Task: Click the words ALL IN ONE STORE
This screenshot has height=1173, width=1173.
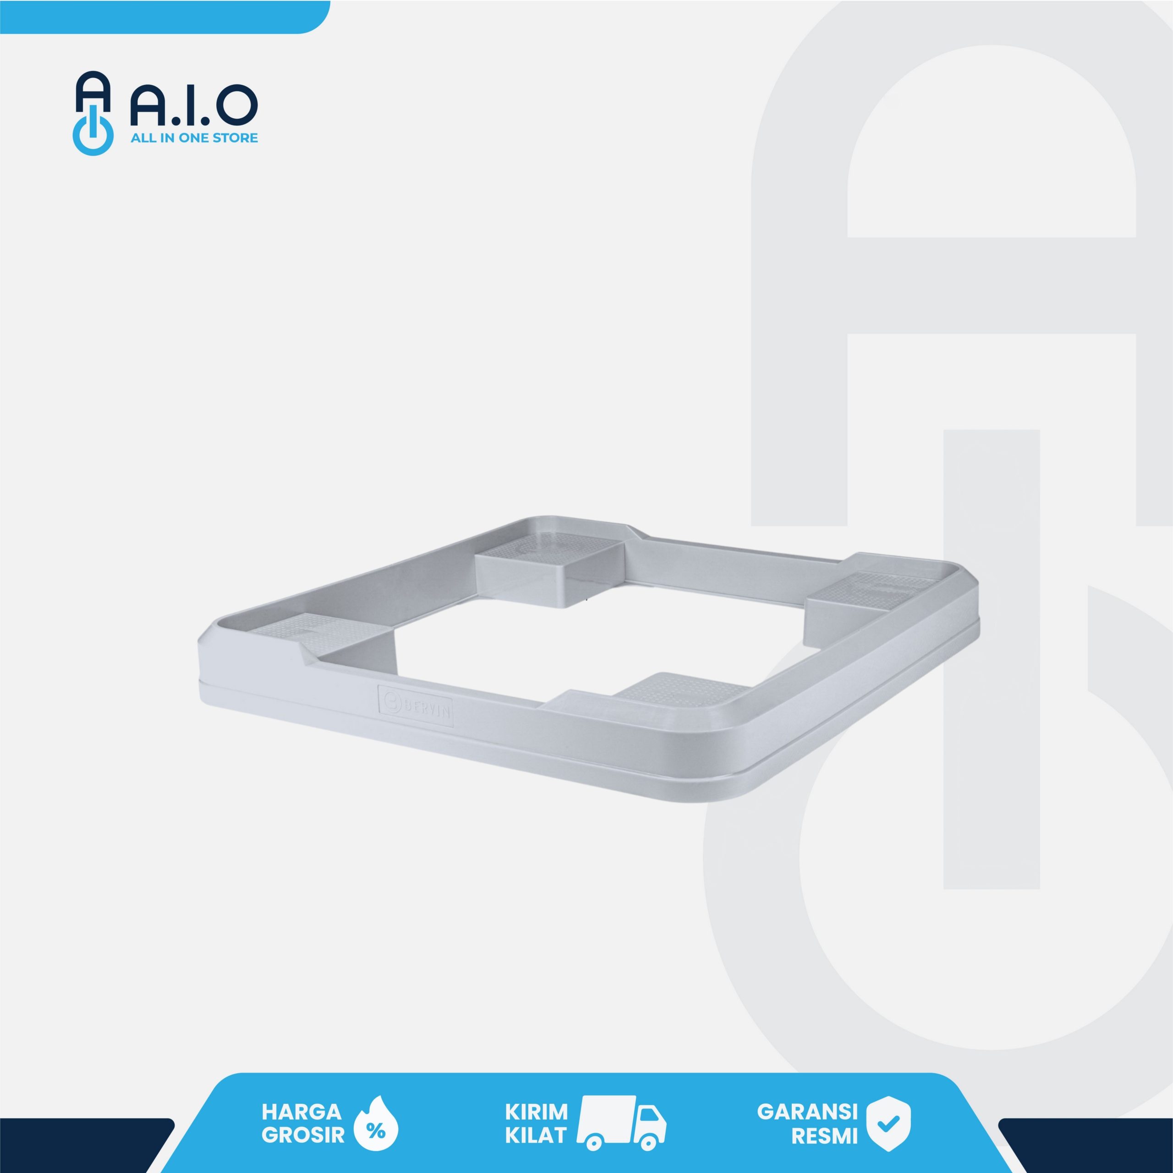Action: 194,138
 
